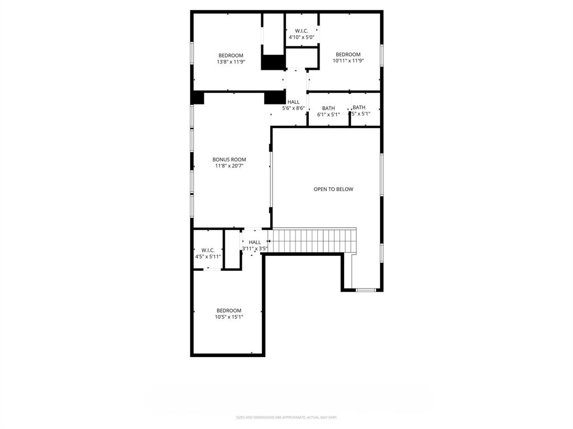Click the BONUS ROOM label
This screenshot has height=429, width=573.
point(229,160)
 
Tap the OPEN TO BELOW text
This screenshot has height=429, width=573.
point(333,189)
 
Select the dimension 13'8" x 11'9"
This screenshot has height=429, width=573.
point(231,62)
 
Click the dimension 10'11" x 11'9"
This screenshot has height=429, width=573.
point(348,61)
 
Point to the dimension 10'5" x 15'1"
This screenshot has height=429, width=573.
point(229,317)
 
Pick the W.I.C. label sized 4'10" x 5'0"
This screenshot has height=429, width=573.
point(301,31)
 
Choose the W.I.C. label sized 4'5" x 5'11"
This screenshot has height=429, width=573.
point(208,250)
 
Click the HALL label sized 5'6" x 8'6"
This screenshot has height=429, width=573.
point(293,102)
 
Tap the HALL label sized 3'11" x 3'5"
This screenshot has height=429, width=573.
point(255,242)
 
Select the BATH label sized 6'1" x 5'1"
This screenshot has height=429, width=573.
point(328,108)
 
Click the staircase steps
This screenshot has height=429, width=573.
point(313,240)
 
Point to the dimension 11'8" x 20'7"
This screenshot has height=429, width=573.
point(229,166)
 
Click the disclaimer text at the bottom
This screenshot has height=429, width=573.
point(286,417)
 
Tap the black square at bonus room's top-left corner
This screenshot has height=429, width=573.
point(197,98)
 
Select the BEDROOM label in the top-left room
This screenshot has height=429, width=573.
point(231,55)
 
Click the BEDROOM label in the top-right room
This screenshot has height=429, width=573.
point(348,54)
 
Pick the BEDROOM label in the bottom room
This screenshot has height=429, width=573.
point(229,311)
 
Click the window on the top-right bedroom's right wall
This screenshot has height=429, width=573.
point(382,56)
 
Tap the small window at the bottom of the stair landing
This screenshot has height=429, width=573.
point(367,290)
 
